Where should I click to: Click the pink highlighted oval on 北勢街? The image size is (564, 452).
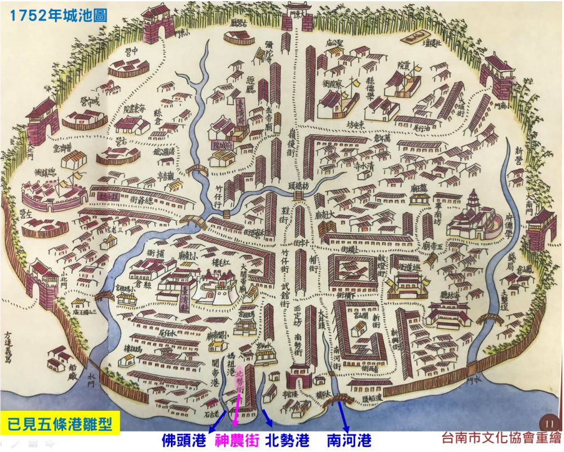[239, 381]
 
